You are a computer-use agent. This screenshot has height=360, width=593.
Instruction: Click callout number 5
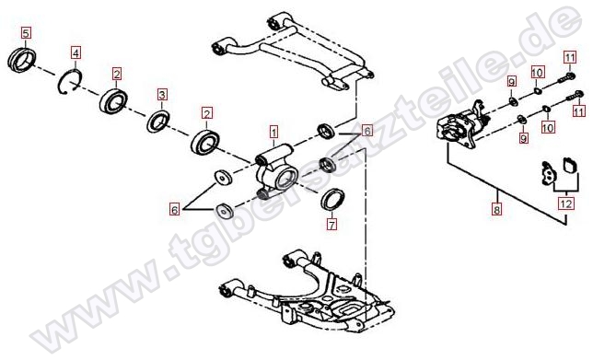pos(26,32)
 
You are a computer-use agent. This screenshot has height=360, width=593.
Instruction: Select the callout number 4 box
pos(76,53)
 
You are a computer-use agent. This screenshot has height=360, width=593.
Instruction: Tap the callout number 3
pos(162,95)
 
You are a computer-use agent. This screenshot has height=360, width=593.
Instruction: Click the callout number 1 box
pos(273,133)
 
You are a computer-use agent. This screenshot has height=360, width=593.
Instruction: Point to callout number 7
pos(331,225)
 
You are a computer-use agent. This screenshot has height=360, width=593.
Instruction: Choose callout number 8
pos(496,208)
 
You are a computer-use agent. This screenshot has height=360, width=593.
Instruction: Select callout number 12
pos(566,204)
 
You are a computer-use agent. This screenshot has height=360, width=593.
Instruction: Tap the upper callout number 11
pos(570,58)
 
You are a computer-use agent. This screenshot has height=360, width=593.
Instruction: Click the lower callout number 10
pos(548,127)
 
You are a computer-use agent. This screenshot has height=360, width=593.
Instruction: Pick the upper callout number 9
pos(511,81)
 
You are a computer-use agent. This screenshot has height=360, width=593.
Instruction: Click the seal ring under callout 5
pos(22,60)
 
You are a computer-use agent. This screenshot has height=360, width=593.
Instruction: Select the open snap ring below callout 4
pos(70,82)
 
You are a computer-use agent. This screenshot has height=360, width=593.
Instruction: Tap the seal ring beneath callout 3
pos(158,122)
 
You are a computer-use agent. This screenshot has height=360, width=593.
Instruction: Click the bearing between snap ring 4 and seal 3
pos(113,100)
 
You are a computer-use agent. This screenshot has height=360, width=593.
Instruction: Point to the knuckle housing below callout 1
pos(276,170)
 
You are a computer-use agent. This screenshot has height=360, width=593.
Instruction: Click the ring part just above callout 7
pos(332,199)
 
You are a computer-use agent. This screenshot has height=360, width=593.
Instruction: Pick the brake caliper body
pos(463,125)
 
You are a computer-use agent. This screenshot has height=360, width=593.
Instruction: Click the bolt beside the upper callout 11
pos(566,78)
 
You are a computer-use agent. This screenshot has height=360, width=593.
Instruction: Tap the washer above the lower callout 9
pos(521,120)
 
